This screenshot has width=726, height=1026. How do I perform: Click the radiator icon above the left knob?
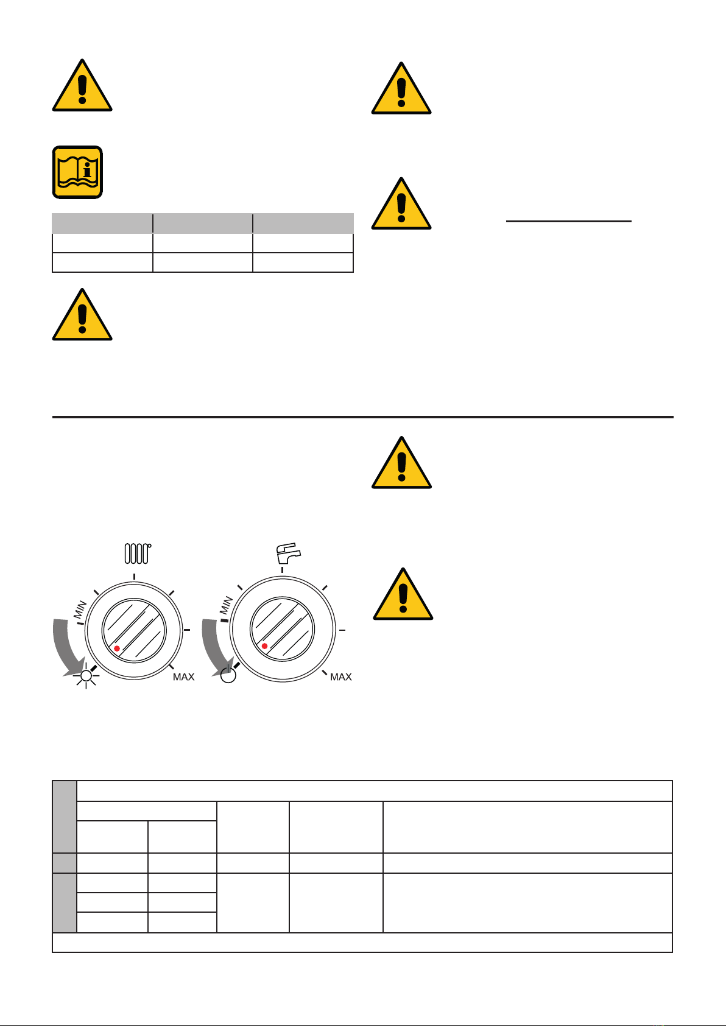(x=138, y=553)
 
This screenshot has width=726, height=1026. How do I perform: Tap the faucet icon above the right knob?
(x=289, y=553)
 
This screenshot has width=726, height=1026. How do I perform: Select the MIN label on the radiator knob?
(x=80, y=609)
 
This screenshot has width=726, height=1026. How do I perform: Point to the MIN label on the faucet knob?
(x=226, y=605)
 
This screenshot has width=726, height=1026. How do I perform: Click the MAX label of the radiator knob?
(x=184, y=677)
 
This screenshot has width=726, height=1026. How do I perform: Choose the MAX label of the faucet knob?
(x=341, y=677)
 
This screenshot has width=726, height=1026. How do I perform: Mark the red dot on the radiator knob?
(x=117, y=648)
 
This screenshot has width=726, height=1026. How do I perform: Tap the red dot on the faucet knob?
(x=264, y=646)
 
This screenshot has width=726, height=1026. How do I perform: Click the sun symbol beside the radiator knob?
(x=86, y=676)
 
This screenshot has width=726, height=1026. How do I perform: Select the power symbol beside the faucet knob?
(x=228, y=675)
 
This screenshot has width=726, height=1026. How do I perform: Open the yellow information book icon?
(x=77, y=172)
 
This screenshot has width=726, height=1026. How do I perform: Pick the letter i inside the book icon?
(x=87, y=170)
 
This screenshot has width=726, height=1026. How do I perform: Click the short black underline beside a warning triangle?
(x=568, y=221)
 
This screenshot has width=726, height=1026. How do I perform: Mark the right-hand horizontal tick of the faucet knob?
(x=342, y=630)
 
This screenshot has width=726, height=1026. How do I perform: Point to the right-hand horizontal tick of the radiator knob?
(x=187, y=630)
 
